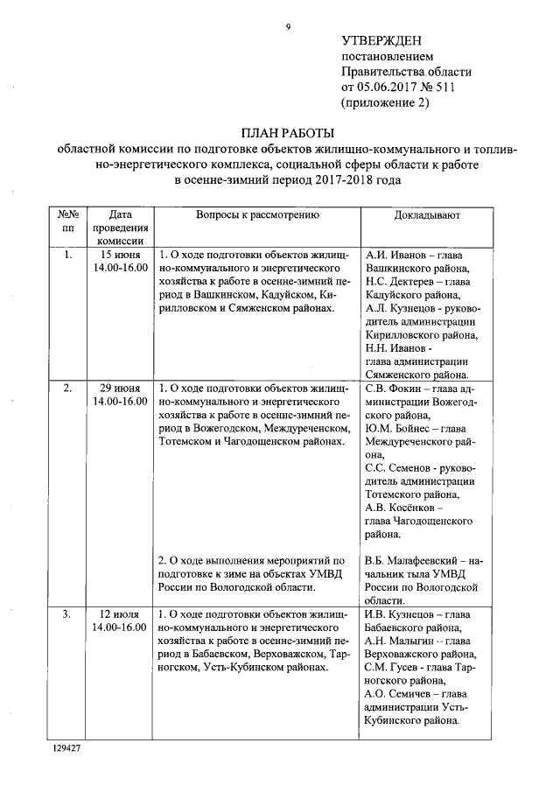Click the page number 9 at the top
[287, 27]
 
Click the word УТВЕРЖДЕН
[381, 41]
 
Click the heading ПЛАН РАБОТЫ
[288, 133]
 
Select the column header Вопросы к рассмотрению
[257, 214]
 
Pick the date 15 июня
[120, 255]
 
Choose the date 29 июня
[120, 389]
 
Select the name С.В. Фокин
[388, 389]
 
